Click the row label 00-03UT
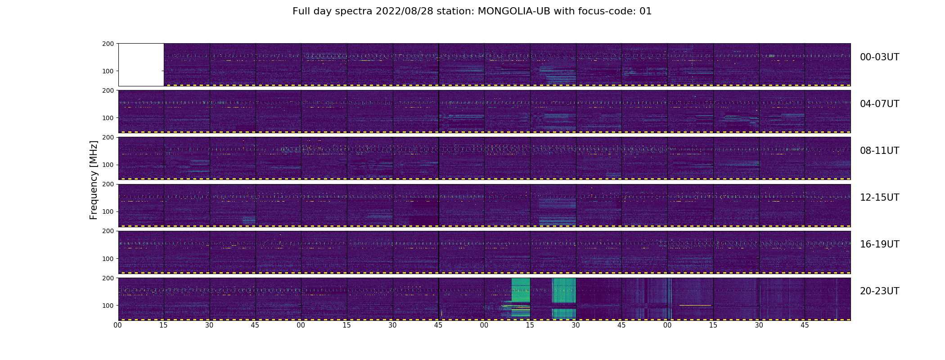coord(879,57)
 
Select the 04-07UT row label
coord(879,104)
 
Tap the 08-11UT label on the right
coord(879,151)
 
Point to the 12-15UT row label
coord(879,198)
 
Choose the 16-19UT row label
coord(879,244)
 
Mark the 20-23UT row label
coord(879,291)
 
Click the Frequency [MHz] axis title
coord(94,180)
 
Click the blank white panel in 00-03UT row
coord(141,64)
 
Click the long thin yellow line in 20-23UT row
coord(695,306)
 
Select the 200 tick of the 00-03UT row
coord(108,44)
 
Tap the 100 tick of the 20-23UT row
coord(108,306)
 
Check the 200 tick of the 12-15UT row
coord(108,184)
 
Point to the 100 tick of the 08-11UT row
coord(108,165)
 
